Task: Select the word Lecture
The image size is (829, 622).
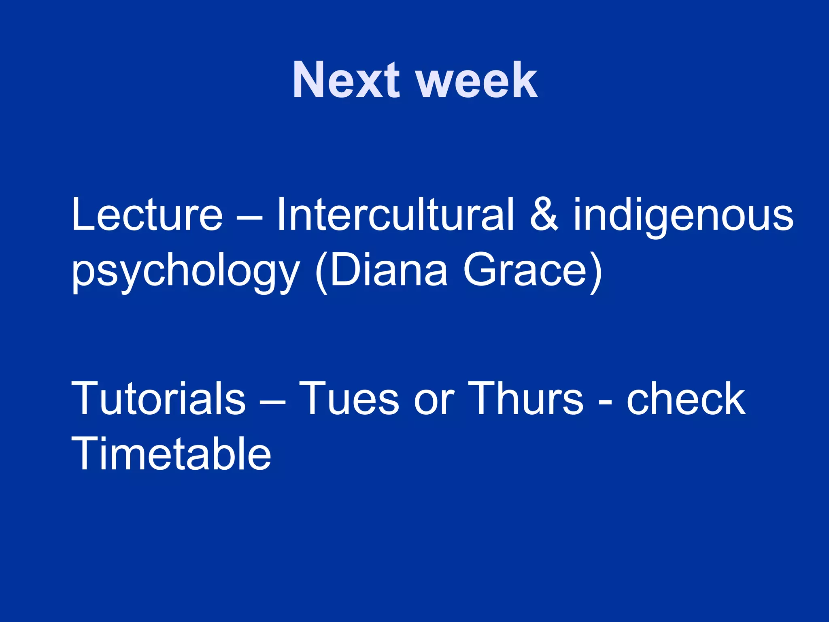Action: tap(147, 215)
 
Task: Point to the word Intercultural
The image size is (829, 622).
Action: tap(395, 215)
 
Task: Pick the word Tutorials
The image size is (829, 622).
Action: tap(158, 399)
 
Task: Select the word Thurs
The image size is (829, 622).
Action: tap(525, 399)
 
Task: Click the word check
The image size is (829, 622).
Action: tap(686, 399)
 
